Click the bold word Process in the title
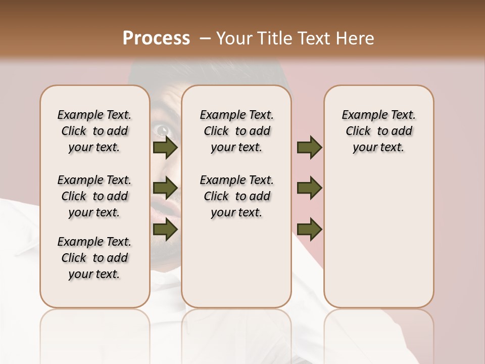click(x=156, y=38)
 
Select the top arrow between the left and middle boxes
click(x=165, y=148)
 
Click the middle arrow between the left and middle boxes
click(x=165, y=188)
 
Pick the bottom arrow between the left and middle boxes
click(x=165, y=229)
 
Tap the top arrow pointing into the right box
click(x=309, y=148)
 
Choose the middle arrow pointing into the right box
click(x=309, y=188)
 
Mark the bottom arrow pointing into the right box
click(x=309, y=229)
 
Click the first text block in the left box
click(x=94, y=131)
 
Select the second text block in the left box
click(x=94, y=196)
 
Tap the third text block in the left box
click(x=94, y=258)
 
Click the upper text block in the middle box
click(x=237, y=131)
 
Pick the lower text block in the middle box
click(x=237, y=196)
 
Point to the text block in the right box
click(x=379, y=131)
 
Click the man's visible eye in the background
click(x=163, y=131)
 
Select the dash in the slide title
click(x=205, y=38)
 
